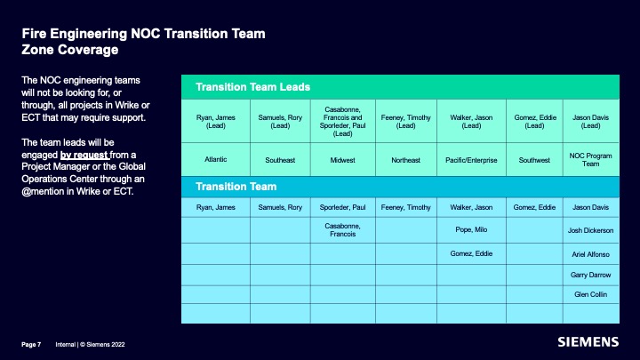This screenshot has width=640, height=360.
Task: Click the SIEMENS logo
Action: click(588, 341)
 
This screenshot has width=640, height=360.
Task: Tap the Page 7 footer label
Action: click(31, 345)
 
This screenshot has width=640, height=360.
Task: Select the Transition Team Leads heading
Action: click(252, 87)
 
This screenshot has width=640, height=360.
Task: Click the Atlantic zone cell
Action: click(215, 159)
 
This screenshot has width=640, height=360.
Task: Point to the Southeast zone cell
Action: click(280, 160)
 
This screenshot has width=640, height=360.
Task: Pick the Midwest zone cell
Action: click(342, 160)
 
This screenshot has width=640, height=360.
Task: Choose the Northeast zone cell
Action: click(405, 160)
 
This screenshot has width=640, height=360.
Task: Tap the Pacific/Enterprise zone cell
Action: click(471, 160)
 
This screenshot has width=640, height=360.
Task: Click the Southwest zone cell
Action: click(534, 160)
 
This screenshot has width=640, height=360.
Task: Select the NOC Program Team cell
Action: click(590, 160)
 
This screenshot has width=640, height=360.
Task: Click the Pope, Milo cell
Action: click(471, 230)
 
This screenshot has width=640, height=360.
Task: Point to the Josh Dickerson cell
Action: click(590, 230)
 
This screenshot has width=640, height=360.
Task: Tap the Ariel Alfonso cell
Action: click(590, 254)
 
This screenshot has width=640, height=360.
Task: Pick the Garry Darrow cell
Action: click(590, 275)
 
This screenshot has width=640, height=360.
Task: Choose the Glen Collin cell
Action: click(590, 294)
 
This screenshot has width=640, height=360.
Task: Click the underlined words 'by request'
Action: click(84, 155)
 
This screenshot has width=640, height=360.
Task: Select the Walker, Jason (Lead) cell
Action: click(471, 121)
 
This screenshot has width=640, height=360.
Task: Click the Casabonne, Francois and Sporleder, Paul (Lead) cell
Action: click(342, 121)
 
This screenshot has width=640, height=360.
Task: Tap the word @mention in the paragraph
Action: click(43, 191)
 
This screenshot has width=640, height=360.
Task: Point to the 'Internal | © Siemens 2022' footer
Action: click(90, 345)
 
